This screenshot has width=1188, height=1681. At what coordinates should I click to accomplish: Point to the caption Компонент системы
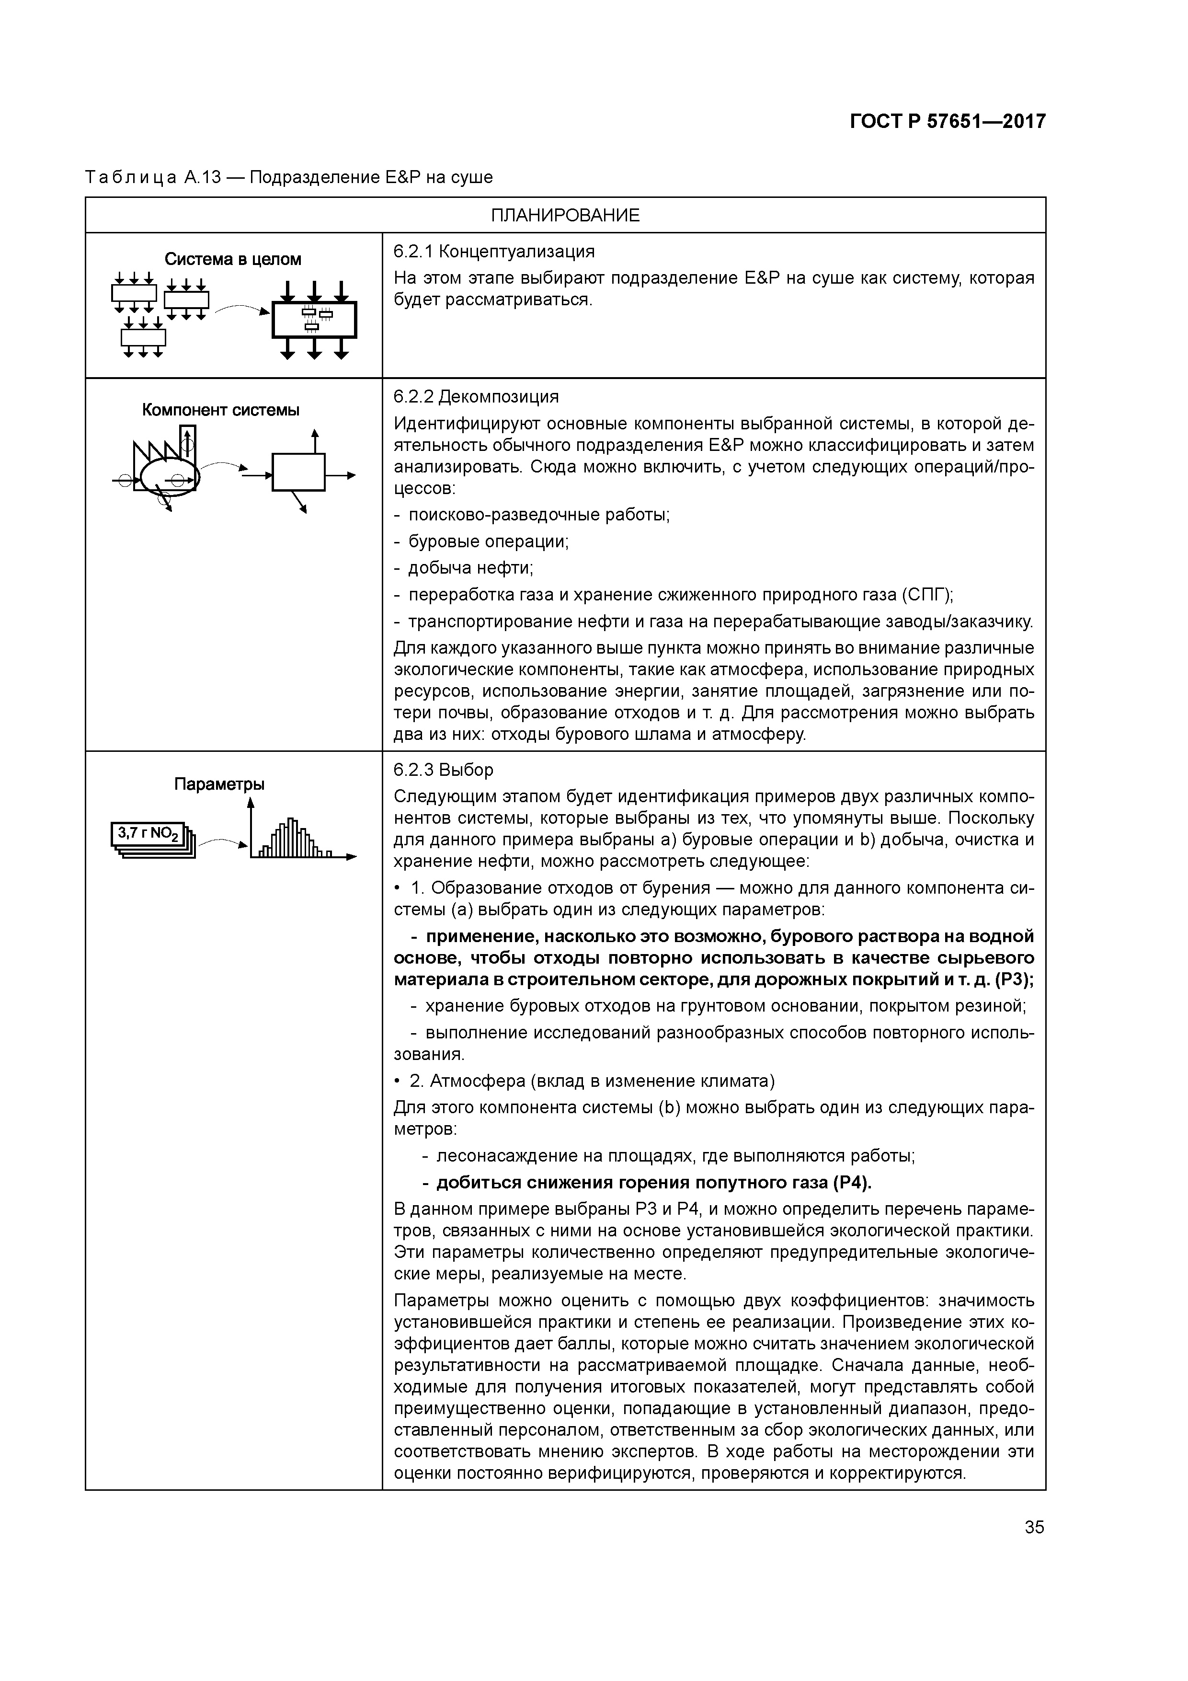click(220, 410)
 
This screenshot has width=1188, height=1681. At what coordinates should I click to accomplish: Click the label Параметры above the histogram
click(219, 784)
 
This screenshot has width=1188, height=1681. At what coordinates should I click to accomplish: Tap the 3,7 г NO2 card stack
click(152, 839)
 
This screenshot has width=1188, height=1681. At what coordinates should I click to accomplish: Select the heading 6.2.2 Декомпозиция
click(476, 397)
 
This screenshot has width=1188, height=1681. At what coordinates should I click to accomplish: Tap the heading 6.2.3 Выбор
click(444, 770)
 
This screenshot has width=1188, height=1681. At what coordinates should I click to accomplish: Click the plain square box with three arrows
click(298, 473)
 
